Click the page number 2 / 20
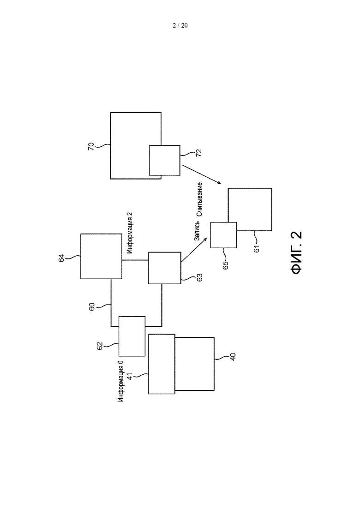[180, 25]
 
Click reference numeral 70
[91, 146]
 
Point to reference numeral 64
[61, 258]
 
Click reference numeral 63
[199, 277]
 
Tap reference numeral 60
[92, 307]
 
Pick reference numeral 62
[100, 346]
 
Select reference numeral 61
[257, 249]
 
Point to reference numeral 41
[129, 377]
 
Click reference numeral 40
[233, 357]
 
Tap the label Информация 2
[130, 233]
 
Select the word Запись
[197, 231]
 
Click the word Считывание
[199, 199]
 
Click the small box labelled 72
[164, 161]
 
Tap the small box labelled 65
[223, 235]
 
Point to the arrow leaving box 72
[202, 174]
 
